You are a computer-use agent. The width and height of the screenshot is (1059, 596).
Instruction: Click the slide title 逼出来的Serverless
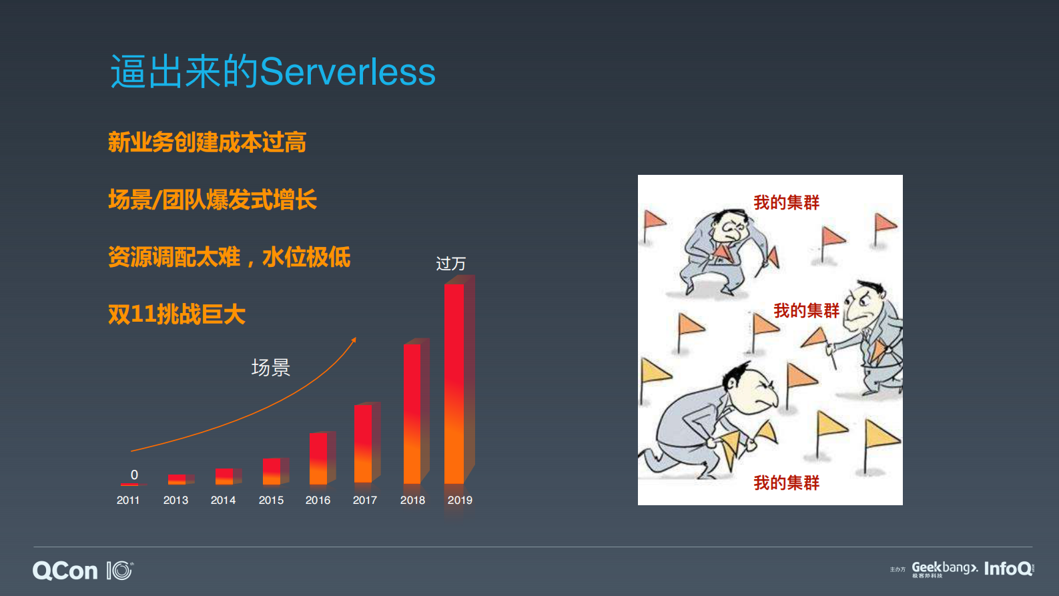pos(272,72)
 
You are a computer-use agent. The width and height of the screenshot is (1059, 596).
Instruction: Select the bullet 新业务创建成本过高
pos(207,142)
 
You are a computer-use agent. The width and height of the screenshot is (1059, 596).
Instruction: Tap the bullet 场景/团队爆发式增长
pos(212,200)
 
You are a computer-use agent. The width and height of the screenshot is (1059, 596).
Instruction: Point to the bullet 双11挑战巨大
pos(177,314)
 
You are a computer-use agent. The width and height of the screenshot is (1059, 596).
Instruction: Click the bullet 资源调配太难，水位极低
pos(229,257)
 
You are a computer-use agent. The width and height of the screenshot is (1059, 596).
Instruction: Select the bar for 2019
pos(454,384)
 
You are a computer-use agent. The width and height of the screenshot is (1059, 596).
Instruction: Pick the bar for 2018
pos(412,414)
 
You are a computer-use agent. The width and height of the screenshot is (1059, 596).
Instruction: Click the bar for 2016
pos(318,459)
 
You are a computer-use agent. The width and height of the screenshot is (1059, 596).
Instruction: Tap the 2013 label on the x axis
pos(175,500)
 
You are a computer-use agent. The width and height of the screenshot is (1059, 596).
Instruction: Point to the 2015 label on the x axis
pos(271,500)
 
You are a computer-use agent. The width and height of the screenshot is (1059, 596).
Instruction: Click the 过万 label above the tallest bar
pos(450,264)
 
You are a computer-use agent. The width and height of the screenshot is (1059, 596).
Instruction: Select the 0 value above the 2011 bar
pos(134,475)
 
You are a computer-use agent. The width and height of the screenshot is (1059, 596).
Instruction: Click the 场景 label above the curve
pos(270,368)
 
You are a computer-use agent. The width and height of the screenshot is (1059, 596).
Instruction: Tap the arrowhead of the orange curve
pos(354,340)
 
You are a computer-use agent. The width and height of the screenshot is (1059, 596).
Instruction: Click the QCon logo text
pos(65,571)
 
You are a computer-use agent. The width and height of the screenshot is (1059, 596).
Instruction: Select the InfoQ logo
pos(1008,569)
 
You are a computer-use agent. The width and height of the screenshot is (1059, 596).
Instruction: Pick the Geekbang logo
pos(944,568)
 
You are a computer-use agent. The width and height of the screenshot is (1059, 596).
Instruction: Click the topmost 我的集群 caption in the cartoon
pos(786,203)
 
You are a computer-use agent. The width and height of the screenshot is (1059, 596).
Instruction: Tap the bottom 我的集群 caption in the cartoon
pos(786,483)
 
